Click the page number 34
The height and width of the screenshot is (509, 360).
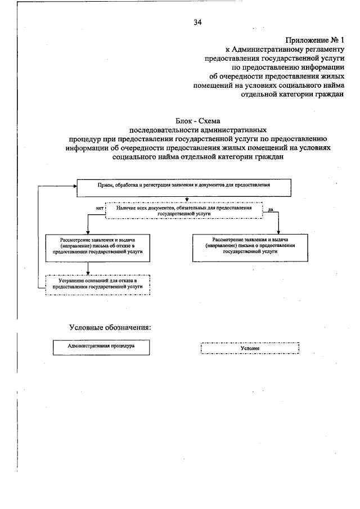click(x=197, y=22)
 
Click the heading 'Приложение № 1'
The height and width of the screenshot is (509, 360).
click(x=313, y=40)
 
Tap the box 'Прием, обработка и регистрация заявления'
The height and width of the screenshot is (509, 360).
click(x=183, y=187)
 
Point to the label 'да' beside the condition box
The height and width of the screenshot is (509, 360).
click(x=271, y=209)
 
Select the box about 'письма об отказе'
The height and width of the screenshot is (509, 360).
click(x=98, y=246)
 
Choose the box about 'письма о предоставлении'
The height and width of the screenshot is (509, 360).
click(x=251, y=246)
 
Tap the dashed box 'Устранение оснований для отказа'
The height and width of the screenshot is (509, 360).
click(x=98, y=283)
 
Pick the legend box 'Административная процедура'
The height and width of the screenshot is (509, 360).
click(x=101, y=347)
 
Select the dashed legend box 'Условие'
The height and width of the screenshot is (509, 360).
click(x=250, y=348)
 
